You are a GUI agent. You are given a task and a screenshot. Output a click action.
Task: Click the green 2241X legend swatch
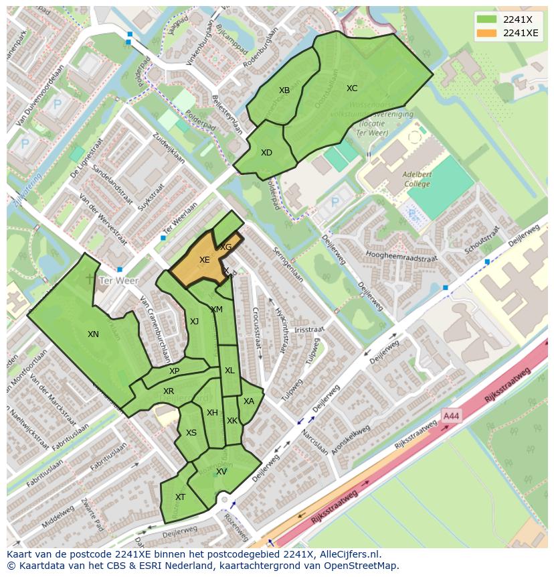coord(486,19)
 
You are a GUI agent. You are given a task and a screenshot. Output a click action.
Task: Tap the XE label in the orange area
coord(205,260)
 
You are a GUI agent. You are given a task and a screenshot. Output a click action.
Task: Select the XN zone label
coord(93,334)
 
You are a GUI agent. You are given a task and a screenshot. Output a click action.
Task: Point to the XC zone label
coord(352,88)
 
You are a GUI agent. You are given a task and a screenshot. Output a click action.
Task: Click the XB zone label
coord(284,90)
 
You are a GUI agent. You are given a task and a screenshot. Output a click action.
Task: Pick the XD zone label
coord(266,153)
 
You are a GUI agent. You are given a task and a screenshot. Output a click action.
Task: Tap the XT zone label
coord(180,497)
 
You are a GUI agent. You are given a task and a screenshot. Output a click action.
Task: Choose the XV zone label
coord(221,472)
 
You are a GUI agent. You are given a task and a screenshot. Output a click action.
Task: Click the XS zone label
coord(191,433)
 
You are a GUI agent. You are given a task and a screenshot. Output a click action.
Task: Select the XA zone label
coord(249,401)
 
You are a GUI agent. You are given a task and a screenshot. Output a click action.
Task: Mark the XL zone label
coord(229,371)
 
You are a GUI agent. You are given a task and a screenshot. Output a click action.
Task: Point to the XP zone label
coord(174,371)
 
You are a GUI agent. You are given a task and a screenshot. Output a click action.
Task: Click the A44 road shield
coord(452,416)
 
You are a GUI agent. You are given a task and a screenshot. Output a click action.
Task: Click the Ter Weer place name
coord(118,281)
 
